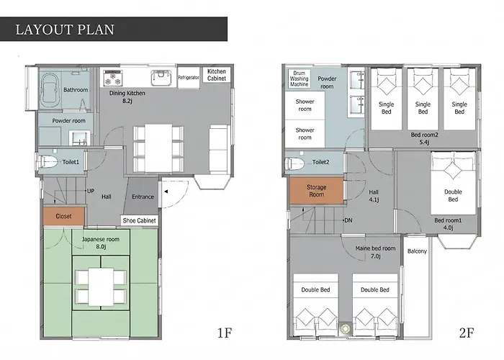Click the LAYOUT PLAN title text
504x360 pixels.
tap(65, 30)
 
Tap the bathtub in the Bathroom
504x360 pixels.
tap(50, 90)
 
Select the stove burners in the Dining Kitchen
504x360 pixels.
tap(112, 78)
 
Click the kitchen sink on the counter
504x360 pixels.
tap(161, 78)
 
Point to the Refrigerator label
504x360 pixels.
tap(189, 78)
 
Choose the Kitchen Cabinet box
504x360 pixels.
tap(217, 75)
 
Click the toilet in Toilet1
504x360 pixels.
tap(46, 161)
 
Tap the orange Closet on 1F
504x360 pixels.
tap(63, 216)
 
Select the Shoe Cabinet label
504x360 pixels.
tap(139, 220)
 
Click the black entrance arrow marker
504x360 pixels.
tap(166, 192)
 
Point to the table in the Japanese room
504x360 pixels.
tap(101, 287)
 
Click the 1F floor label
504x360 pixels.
tap(225, 333)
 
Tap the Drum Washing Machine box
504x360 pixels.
tap(299, 78)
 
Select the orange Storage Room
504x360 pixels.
tap(317, 191)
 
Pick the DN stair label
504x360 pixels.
tap(348, 220)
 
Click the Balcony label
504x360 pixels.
tap(417, 251)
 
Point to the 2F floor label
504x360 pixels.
tap(467, 333)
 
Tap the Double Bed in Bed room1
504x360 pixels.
tap(453, 183)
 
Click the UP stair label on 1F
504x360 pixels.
tap(91, 191)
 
